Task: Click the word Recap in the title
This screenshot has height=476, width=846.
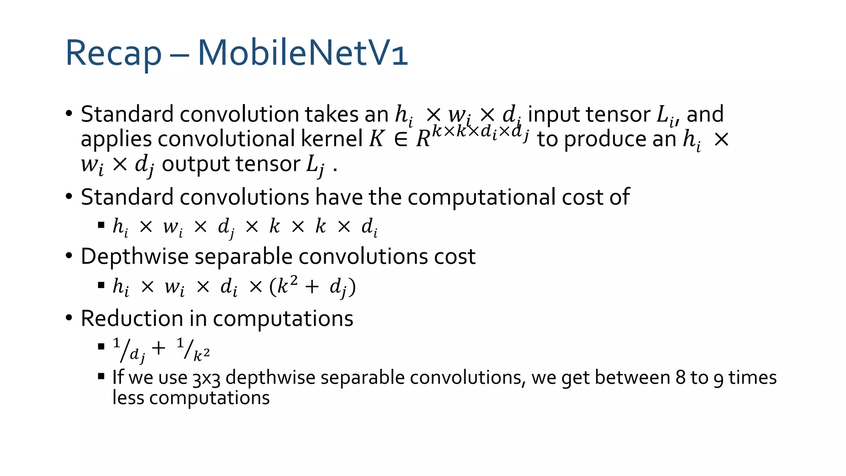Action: tap(113, 53)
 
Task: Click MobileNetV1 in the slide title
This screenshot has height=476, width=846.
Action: tap(303, 52)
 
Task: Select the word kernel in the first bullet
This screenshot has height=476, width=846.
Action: tap(332, 139)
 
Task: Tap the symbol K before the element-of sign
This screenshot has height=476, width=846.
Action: tap(376, 139)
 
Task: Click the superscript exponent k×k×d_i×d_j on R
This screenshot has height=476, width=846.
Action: tap(480, 132)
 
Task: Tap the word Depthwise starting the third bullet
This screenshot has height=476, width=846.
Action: tap(135, 257)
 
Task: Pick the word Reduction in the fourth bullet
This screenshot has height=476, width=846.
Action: tap(132, 319)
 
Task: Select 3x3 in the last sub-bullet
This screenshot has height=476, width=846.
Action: tap(206, 378)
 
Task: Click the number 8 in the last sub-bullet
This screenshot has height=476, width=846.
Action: tap(680, 378)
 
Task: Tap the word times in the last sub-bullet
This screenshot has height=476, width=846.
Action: tap(752, 378)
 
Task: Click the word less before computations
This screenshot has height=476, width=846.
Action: tap(128, 398)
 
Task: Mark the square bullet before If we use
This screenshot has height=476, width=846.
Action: tap(101, 376)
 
